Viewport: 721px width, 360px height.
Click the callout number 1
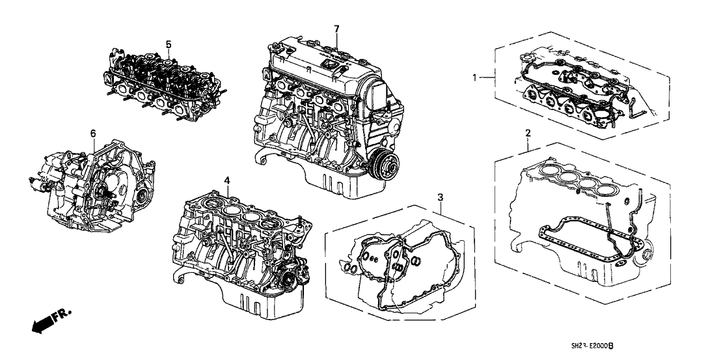click(476, 77)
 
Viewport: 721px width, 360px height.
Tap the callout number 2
click(528, 133)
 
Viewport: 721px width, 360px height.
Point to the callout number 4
click(226, 180)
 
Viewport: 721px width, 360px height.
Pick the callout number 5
click(168, 44)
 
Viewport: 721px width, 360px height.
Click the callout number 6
click(92, 133)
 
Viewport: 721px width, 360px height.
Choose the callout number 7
click(336, 29)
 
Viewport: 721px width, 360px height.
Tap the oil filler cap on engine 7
click(328, 66)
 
